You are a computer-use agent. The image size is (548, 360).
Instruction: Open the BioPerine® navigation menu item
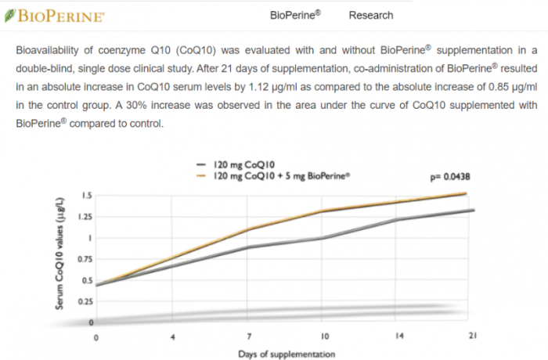(x=295, y=15)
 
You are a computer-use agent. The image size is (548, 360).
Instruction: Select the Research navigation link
(x=371, y=15)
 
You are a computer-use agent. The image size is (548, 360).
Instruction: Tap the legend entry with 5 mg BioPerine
(x=278, y=176)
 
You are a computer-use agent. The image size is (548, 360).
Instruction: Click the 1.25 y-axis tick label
(x=85, y=217)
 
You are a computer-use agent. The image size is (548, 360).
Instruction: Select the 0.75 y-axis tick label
(x=85, y=259)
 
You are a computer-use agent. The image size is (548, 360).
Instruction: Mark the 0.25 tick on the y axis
(x=85, y=302)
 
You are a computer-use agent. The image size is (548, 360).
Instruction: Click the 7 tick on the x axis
(x=247, y=336)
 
